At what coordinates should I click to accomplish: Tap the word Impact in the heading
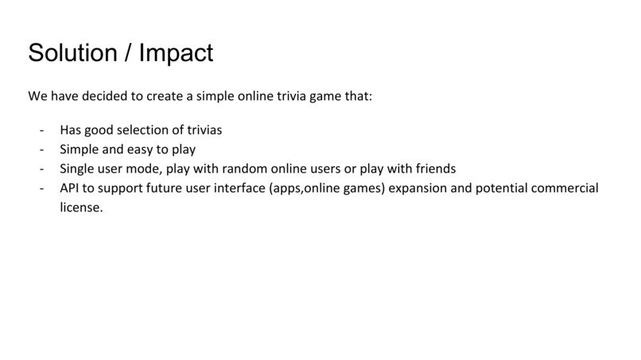[x=176, y=52]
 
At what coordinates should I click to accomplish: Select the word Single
[x=78, y=168]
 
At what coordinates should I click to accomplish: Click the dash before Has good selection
[x=41, y=130]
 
